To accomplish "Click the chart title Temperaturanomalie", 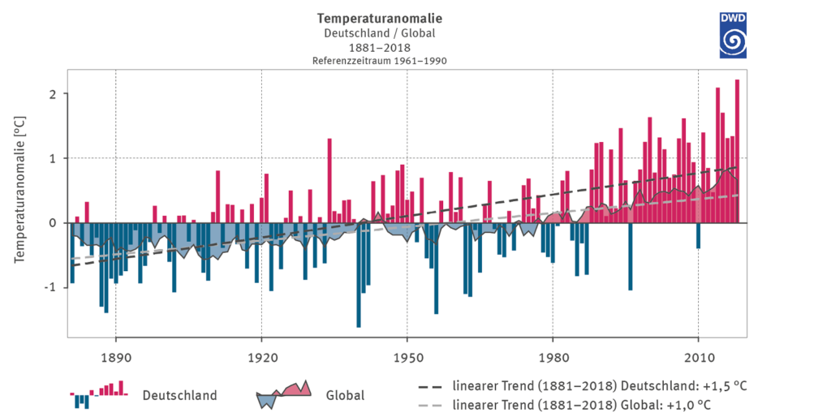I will (x=380, y=18).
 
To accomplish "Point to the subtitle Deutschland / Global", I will (x=380, y=33).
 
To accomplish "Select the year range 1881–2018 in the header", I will (x=380, y=47).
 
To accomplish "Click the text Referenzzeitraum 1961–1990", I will (x=380, y=61).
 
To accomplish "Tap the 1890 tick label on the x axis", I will (x=116, y=355).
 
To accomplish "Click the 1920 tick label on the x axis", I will (x=261, y=355).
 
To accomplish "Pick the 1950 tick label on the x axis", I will (x=407, y=355).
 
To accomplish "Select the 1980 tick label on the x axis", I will (x=552, y=355).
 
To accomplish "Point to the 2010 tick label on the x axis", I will (x=697, y=355).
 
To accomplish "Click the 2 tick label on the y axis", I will (x=52, y=94).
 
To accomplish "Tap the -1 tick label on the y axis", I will (x=50, y=287).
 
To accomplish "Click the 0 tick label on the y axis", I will (x=52, y=223).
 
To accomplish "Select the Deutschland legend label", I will (x=179, y=396).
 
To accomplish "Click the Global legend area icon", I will (x=284, y=394).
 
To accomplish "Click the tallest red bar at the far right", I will (x=737, y=151).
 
